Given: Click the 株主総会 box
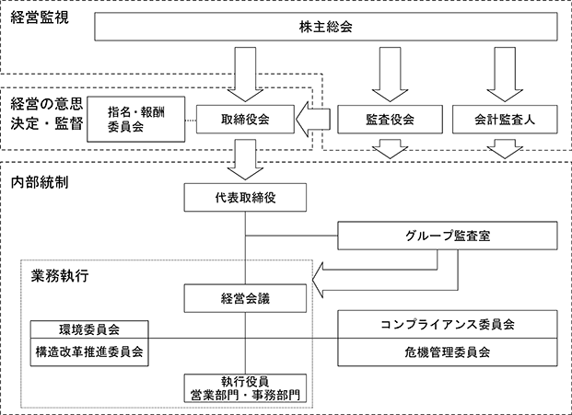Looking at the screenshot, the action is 326,27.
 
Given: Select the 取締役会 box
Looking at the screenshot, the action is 245,119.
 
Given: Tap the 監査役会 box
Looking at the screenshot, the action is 390,119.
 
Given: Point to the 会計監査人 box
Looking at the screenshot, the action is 505,119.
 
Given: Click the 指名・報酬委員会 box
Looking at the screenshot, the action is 136,119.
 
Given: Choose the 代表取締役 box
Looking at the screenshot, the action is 245,198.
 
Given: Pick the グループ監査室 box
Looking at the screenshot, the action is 448,236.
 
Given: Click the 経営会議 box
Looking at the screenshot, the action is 245,298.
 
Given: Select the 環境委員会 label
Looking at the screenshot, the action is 89,329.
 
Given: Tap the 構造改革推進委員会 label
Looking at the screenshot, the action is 89,352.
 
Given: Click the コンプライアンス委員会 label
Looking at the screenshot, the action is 448,324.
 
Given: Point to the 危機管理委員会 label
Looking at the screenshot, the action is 448,352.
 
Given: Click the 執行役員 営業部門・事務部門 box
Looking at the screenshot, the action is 245,388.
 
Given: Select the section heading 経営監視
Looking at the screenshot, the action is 40,17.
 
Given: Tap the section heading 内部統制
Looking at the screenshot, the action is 40,182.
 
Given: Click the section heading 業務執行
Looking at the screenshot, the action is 60,276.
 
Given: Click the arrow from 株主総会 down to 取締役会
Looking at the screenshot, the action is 245,75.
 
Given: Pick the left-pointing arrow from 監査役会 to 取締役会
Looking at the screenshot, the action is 313,119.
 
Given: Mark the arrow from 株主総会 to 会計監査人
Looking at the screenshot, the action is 505,75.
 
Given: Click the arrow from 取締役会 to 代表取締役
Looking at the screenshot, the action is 245,159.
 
